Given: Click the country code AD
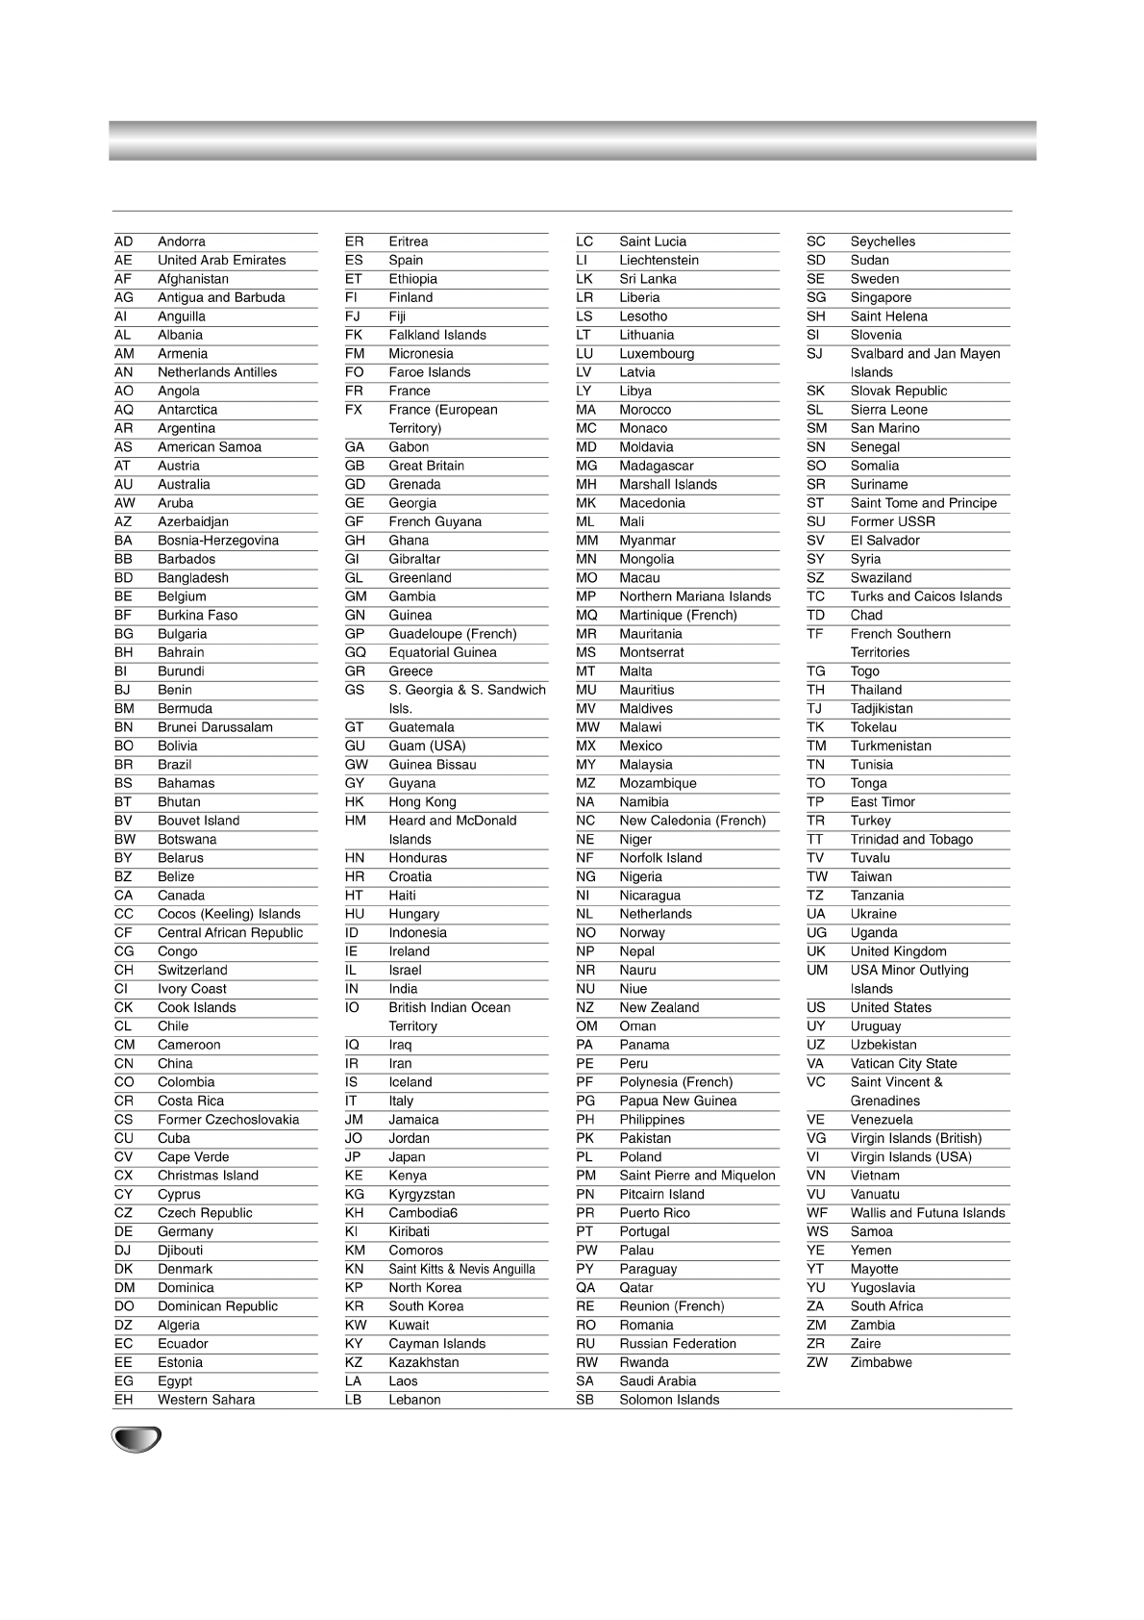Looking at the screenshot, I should (x=123, y=241).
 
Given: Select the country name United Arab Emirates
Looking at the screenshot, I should (x=221, y=260).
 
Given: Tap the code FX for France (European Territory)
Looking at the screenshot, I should (x=354, y=410).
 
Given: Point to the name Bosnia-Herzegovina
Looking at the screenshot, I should (x=217, y=541).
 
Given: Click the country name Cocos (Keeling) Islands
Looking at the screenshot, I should (x=229, y=914).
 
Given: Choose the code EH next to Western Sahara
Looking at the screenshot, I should (x=123, y=1400).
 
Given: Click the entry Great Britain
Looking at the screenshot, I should (x=426, y=466).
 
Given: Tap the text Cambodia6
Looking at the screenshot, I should (x=423, y=1213).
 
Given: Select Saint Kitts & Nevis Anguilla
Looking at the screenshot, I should (x=461, y=1269).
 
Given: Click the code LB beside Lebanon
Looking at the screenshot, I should (x=354, y=1400).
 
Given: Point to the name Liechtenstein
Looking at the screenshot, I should (x=659, y=260).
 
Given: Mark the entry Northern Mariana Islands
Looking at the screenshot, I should (x=695, y=596).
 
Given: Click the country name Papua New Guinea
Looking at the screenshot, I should (x=678, y=1101).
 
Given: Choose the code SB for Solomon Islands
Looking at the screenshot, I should (x=584, y=1400).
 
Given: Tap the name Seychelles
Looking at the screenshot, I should (x=883, y=241).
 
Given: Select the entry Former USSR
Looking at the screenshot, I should (x=892, y=521).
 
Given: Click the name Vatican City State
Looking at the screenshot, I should (x=903, y=1063).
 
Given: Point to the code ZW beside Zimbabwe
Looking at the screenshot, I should (x=816, y=1362).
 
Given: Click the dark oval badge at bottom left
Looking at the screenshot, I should (x=136, y=1440).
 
